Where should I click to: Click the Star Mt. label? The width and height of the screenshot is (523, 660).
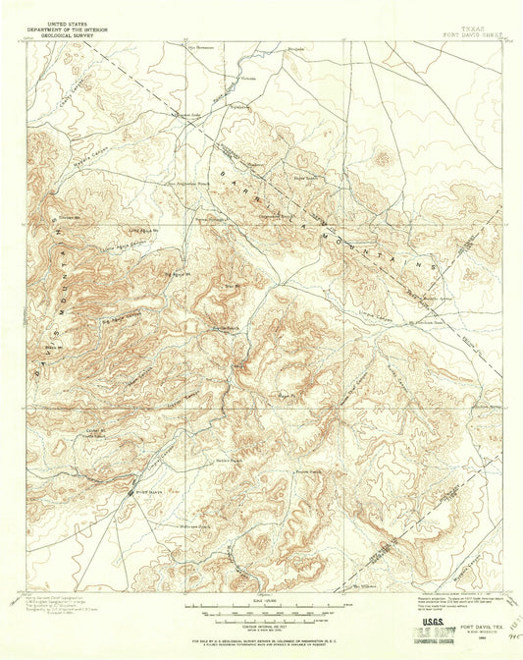click(x=231, y=285)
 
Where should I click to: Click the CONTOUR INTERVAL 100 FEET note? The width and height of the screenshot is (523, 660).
click(x=260, y=623)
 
